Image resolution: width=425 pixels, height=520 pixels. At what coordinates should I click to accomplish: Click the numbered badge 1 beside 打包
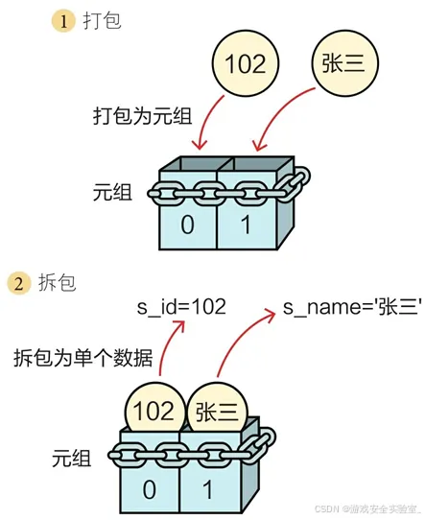coord(63,21)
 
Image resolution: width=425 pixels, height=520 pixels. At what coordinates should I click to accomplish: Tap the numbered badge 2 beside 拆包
coord(19,283)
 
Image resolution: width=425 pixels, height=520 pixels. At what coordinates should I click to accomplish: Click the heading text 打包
coord(102,20)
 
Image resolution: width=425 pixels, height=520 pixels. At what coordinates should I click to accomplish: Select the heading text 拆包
coord(58,283)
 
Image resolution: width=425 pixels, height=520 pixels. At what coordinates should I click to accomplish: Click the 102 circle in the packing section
coord(246,63)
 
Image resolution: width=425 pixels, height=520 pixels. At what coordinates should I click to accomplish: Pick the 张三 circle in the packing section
coord(344,62)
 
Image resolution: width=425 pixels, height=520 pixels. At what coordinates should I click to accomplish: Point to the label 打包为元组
coord(143,116)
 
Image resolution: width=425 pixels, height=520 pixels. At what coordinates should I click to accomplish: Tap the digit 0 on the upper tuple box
coord(187,225)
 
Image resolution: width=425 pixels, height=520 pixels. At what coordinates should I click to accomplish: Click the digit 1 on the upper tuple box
coord(246,225)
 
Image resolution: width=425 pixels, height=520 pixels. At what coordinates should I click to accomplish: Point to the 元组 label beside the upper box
coord(112,192)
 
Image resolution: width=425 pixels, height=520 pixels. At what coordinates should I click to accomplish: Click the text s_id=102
coord(181,307)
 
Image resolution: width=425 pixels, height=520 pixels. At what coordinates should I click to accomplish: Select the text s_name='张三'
coord(352,307)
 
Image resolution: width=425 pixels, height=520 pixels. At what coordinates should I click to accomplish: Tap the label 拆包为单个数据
coord(83,358)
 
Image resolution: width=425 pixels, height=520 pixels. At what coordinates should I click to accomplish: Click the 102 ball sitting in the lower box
coord(154,410)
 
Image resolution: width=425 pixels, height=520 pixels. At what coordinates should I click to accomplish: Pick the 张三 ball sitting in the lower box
coord(218,412)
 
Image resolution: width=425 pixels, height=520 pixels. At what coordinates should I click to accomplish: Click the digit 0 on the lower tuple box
coord(150,489)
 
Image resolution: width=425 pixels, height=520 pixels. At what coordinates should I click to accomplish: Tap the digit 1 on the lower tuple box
coord(208,489)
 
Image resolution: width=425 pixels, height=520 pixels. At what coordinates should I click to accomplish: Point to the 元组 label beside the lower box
coord(71,459)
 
